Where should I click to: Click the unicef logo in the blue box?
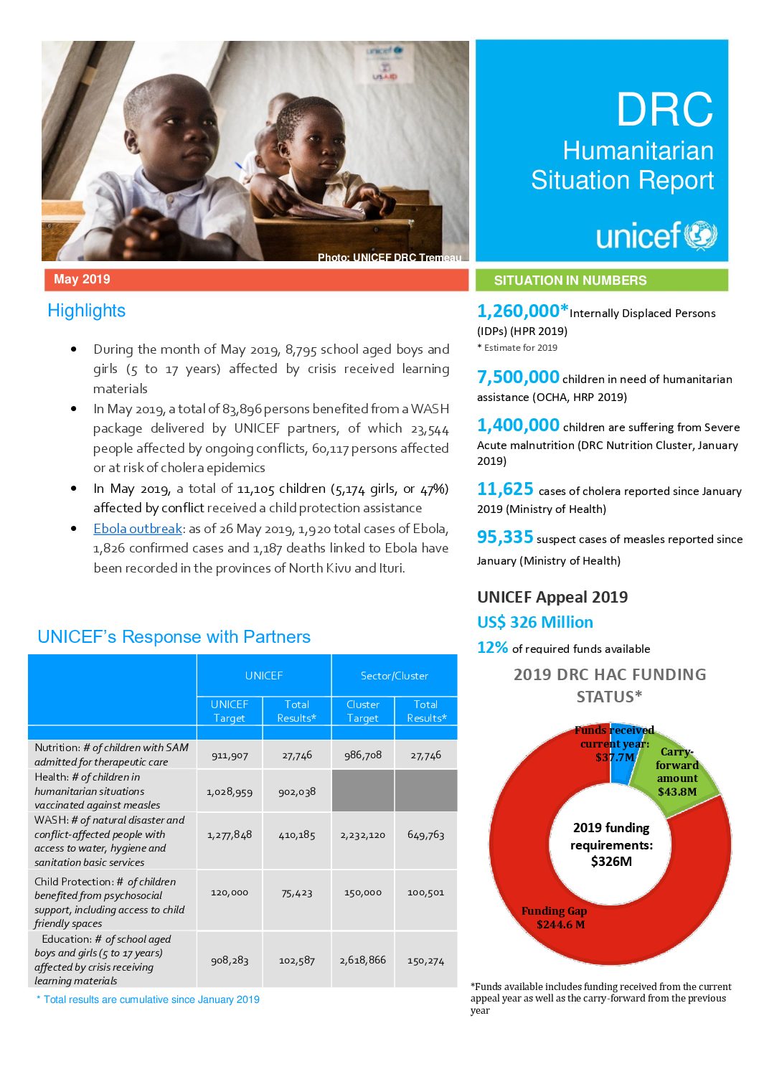point(656,235)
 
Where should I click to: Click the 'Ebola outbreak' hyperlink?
point(138,529)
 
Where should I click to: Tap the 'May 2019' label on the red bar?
point(82,279)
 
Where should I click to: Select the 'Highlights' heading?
point(86,311)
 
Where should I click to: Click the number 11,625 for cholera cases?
point(505,489)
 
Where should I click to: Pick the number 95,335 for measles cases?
point(505,537)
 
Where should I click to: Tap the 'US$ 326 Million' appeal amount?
point(535,622)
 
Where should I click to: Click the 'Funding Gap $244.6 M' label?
point(554,918)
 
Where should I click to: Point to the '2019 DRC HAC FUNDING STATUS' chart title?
point(610,685)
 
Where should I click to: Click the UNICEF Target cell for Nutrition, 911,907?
point(230,755)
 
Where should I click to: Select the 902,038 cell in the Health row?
point(297,792)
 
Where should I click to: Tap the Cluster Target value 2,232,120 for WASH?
point(363,835)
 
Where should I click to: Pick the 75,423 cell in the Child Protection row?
point(297,893)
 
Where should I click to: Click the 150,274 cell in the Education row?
point(425,961)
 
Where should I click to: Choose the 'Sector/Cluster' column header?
point(394,676)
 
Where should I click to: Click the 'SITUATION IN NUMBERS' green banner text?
point(570,281)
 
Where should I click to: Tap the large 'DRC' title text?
point(664,110)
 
